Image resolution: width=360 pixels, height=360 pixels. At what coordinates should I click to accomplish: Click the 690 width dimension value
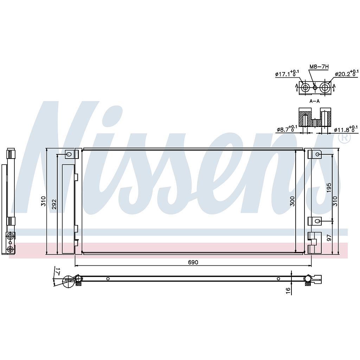(193, 262)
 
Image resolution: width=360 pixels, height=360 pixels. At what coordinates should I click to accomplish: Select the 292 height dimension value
(54, 204)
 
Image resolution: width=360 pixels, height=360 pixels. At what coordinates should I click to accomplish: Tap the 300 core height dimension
(292, 201)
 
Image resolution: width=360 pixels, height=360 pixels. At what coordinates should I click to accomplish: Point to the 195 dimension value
(329, 188)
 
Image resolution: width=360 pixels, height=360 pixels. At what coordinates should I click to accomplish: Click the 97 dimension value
(329, 237)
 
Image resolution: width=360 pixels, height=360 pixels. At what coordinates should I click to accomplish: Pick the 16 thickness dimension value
(289, 290)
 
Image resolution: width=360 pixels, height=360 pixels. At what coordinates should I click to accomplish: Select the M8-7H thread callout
(319, 66)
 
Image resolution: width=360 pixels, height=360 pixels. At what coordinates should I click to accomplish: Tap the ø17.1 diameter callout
(287, 74)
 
